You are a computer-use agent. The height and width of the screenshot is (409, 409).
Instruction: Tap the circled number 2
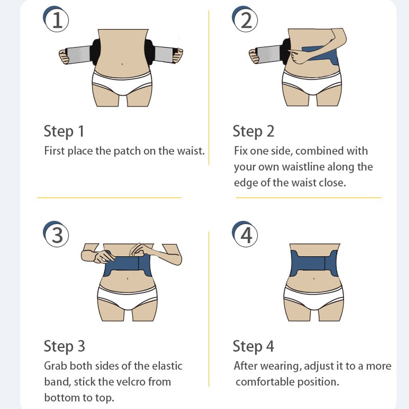coord(246,20)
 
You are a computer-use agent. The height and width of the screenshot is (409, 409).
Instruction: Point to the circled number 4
coord(246,235)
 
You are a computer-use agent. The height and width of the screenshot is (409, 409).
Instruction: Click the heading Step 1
coord(64,131)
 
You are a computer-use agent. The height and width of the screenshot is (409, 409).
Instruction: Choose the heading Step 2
coord(253,131)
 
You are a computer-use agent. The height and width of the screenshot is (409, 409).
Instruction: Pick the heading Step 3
coord(64,346)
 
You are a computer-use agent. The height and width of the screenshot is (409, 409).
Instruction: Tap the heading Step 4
coord(253,346)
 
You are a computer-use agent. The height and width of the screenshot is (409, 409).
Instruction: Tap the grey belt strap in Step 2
coord(268,54)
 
